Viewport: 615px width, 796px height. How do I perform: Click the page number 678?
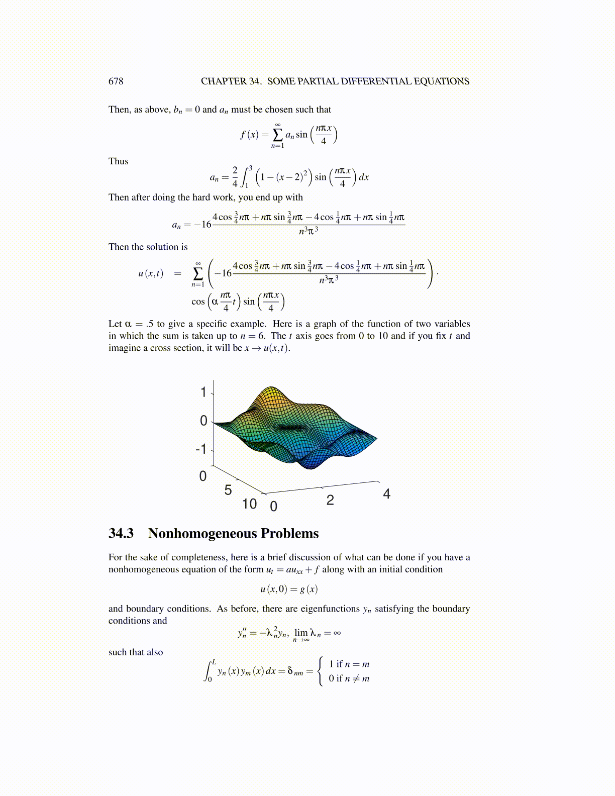pos(116,81)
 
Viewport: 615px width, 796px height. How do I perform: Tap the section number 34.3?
pos(121,534)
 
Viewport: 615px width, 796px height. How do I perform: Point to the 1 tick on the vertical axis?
pos(203,392)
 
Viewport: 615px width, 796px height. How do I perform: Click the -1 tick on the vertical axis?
pos(201,449)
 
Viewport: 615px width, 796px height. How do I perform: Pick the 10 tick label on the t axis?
pos(249,504)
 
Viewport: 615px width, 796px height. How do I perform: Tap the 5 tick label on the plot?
pos(228,490)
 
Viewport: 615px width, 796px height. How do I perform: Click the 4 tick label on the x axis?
pos(386,494)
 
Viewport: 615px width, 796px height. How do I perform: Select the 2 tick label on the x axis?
pos(330,501)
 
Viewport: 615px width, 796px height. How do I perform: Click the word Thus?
pos(119,161)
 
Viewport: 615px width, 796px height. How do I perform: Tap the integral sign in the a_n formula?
pos(245,177)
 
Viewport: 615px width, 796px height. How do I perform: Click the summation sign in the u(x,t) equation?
pos(198,274)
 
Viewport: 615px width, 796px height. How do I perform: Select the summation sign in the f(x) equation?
pos(277,135)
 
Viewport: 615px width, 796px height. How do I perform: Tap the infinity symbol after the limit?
pos(337,633)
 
